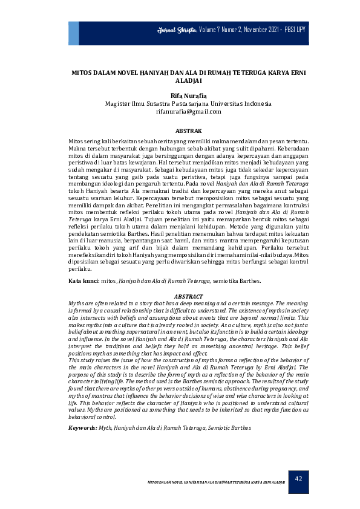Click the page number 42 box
(x=298, y=479)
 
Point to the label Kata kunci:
(x=83, y=281)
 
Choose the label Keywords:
(x=83, y=427)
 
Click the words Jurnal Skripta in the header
(x=177, y=29)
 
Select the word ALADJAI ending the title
(x=188, y=80)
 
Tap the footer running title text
(x=217, y=482)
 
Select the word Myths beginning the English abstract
(x=77, y=302)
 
